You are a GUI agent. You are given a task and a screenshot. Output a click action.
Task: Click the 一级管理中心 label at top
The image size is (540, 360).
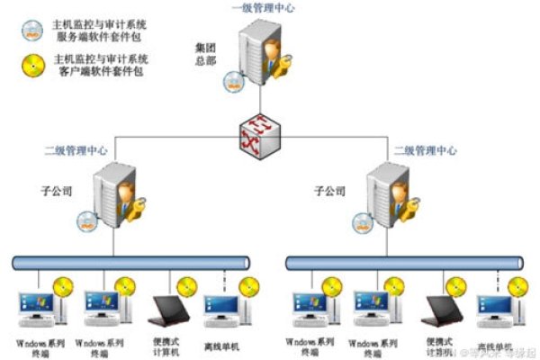[x=262, y=8]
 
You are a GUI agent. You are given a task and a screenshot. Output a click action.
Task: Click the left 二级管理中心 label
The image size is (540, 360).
[x=76, y=150]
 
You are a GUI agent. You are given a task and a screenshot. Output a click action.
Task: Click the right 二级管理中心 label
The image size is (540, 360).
[x=425, y=150]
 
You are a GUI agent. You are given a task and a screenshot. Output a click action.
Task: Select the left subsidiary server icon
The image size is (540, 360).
[x=114, y=193]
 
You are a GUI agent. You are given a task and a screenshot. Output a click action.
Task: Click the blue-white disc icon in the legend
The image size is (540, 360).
[x=33, y=30]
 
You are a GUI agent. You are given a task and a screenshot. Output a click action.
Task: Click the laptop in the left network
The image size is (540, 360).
[x=170, y=310]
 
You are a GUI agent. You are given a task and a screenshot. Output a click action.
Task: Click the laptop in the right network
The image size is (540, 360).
[x=445, y=310]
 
